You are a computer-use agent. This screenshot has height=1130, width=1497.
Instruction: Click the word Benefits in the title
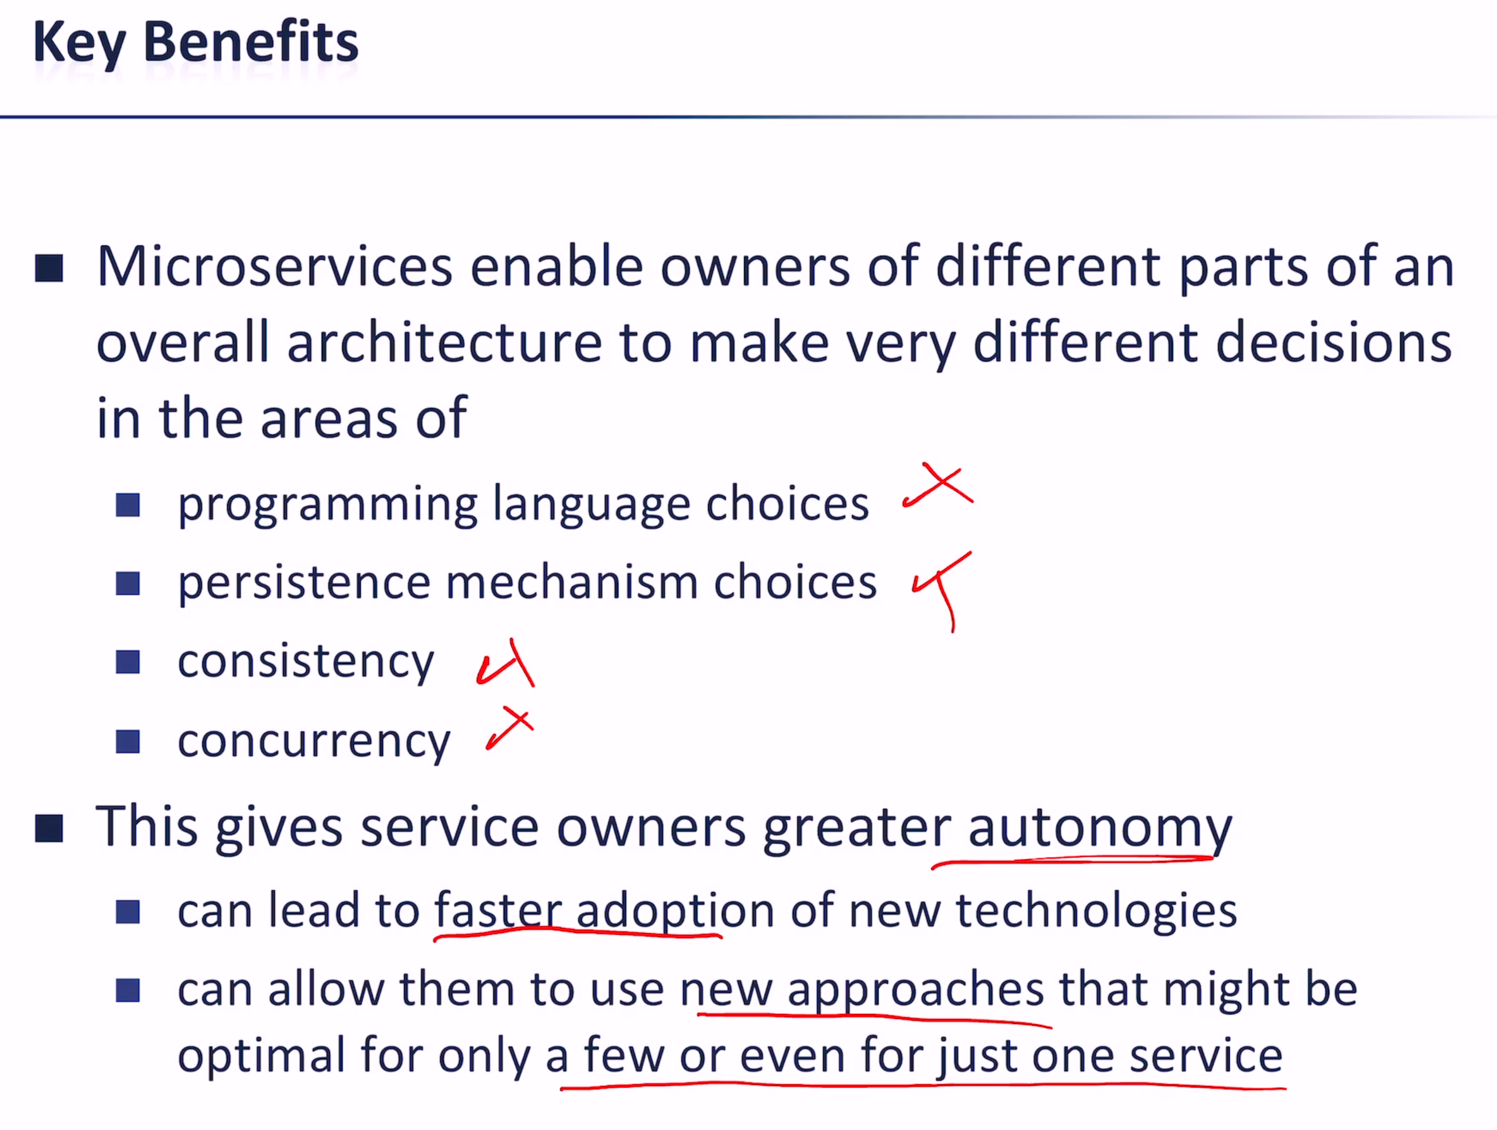(250, 42)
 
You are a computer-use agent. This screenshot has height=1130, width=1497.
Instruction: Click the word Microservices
(274, 267)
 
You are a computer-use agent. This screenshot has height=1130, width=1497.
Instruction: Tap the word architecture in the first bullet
(444, 342)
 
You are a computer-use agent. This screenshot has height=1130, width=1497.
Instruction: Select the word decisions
(1333, 342)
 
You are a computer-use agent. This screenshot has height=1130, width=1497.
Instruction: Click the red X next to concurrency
(510, 728)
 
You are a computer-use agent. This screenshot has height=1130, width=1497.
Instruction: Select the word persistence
(305, 583)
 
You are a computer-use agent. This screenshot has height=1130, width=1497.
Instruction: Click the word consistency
(306, 663)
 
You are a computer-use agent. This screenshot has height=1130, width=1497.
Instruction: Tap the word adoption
(675, 911)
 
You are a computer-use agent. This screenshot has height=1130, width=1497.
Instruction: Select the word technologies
(1096, 911)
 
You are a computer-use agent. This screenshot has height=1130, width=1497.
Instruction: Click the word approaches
(916, 991)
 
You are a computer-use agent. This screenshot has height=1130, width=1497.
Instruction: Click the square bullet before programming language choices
(127, 505)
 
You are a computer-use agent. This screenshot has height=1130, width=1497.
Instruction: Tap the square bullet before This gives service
(49, 828)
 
